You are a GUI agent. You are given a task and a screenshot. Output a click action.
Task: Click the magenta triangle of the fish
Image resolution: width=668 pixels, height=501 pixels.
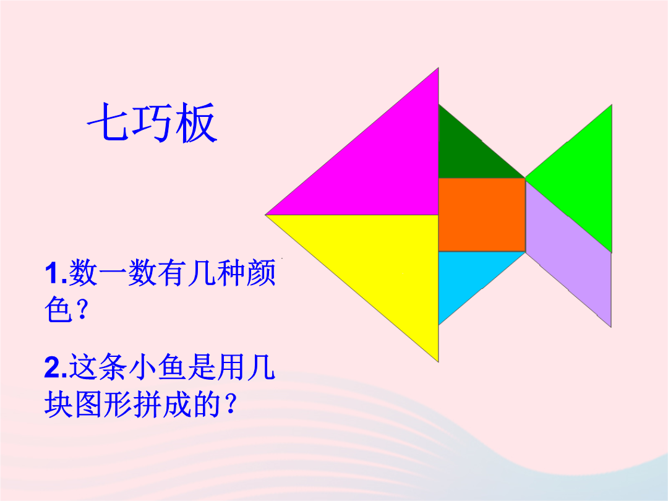pos(379,166)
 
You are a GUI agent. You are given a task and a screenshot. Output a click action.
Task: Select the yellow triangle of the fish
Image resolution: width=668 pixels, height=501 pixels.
pos(379,264)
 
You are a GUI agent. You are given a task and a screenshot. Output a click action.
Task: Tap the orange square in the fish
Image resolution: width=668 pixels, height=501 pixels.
pos(482,215)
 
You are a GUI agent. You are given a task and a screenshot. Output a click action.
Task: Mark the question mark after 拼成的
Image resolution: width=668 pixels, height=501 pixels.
pos(230,404)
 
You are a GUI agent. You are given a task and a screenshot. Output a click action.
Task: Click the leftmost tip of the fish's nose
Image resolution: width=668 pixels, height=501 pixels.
pos(265,215)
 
